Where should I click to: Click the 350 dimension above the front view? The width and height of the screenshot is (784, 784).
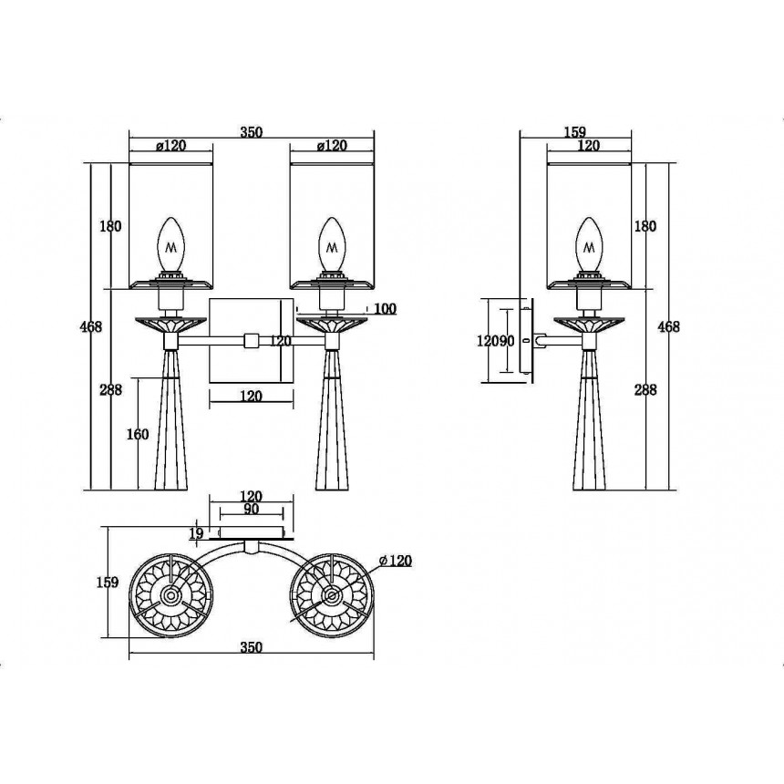tap(251, 132)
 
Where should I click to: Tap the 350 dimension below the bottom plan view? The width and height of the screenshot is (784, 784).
tap(251, 647)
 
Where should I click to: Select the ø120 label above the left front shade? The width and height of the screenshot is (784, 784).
tap(170, 146)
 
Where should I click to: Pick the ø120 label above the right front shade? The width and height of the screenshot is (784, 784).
tap(332, 146)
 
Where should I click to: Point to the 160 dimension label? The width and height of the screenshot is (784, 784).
tap(138, 434)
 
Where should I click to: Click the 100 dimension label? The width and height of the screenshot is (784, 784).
tap(385, 309)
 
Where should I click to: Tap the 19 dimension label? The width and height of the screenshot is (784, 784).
tap(197, 533)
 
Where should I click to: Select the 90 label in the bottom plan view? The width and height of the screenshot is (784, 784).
tap(252, 509)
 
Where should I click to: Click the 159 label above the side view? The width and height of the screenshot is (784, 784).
tap(575, 132)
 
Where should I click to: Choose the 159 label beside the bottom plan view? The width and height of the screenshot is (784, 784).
tap(108, 582)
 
